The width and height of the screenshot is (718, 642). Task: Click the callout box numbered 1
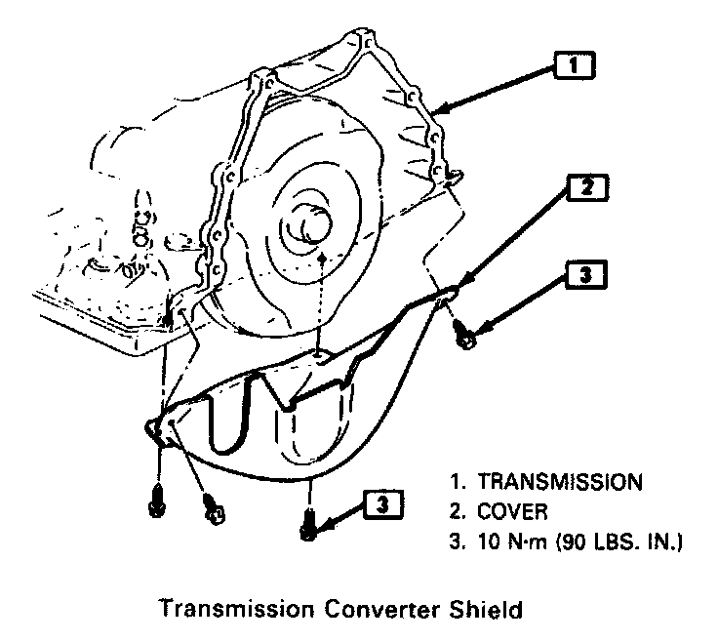[x=573, y=65]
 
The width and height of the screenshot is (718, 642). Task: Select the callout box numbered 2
[x=585, y=187]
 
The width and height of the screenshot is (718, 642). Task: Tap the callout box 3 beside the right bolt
[x=585, y=276]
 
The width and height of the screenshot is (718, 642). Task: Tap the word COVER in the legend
[x=514, y=510]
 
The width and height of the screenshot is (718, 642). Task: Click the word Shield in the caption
[x=487, y=611]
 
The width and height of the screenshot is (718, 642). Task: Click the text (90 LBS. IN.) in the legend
[x=615, y=541]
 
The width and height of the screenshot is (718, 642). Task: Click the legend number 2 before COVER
[x=456, y=510]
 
